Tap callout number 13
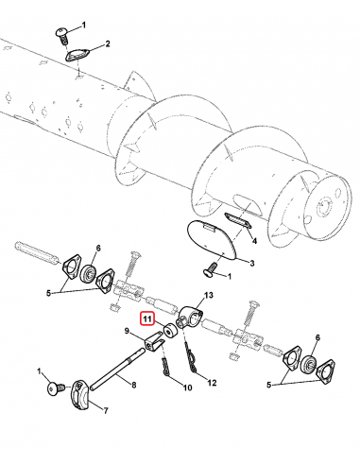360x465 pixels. (210, 296)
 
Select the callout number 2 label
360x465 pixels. (107, 44)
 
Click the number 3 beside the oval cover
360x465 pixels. (250, 262)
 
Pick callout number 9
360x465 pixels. (125, 331)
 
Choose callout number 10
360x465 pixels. (187, 387)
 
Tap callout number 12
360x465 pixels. (213, 382)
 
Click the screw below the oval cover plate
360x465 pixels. (212, 272)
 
